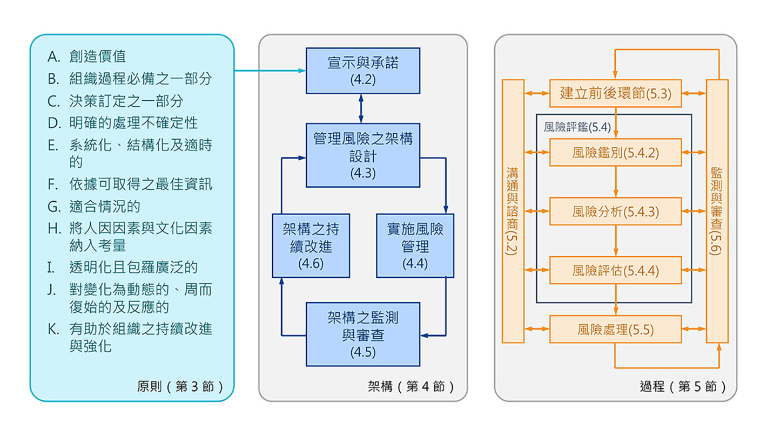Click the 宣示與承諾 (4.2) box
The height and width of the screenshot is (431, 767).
pyautogui.click(x=362, y=71)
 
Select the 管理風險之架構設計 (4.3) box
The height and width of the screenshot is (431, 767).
pyautogui.click(x=362, y=156)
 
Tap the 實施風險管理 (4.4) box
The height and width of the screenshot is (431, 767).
pyautogui.click(x=414, y=246)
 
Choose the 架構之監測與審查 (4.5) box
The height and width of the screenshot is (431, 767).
pyautogui.click(x=362, y=334)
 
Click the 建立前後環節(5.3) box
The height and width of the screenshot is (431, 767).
pyautogui.click(x=615, y=93)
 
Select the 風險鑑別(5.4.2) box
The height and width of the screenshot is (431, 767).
pyautogui.click(x=615, y=153)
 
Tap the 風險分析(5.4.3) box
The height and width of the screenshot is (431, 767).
pyautogui.click(x=615, y=211)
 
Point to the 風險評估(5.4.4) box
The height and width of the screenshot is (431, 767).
pyautogui.click(x=615, y=270)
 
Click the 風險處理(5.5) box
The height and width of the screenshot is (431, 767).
pyautogui.click(x=615, y=329)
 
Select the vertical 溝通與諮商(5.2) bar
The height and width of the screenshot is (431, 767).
pyautogui.click(x=513, y=211)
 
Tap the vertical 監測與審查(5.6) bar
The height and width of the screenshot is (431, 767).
pyautogui.click(x=717, y=211)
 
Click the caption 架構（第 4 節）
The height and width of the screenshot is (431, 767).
pyautogui.click(x=411, y=386)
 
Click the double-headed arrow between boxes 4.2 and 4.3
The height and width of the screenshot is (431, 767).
pyautogui.click(x=361, y=109)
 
